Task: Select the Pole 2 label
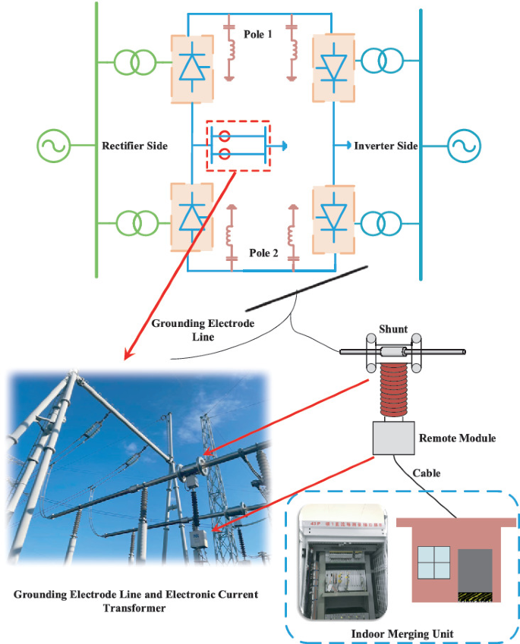263,253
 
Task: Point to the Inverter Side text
386,145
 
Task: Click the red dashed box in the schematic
238,145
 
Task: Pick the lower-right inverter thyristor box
332,218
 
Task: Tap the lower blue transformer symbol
382,224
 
